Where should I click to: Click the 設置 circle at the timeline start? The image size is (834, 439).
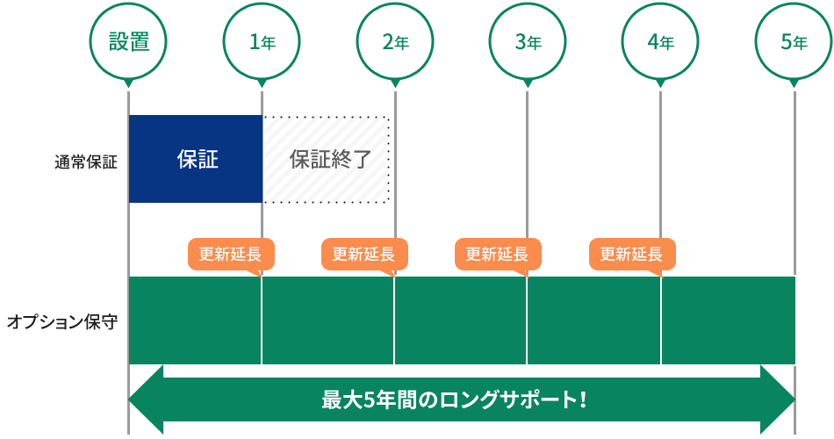(x=128, y=41)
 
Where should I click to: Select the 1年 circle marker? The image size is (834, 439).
(x=261, y=41)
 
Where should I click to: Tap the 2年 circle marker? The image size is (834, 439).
(x=394, y=41)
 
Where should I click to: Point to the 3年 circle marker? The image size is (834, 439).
(x=527, y=41)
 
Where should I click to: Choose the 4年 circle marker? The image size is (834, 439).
(x=659, y=41)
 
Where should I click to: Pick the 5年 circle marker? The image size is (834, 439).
(x=793, y=41)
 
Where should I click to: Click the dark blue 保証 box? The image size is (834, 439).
(x=196, y=159)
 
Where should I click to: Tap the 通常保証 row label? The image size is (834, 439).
(x=85, y=162)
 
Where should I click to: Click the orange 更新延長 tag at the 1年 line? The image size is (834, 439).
(x=231, y=255)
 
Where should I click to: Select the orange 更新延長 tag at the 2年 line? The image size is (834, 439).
(x=364, y=255)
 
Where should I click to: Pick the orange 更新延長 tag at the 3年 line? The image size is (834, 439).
(x=497, y=255)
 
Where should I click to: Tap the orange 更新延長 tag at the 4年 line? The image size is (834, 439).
(x=631, y=255)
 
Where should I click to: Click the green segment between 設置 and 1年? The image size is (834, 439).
(x=195, y=320)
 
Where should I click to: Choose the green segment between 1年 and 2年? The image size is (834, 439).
(x=327, y=320)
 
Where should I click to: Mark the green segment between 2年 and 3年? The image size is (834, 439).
(x=461, y=320)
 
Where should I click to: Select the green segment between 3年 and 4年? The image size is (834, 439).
(x=593, y=320)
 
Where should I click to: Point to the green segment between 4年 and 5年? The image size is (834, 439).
(x=728, y=320)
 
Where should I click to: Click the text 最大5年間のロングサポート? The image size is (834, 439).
(x=454, y=400)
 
